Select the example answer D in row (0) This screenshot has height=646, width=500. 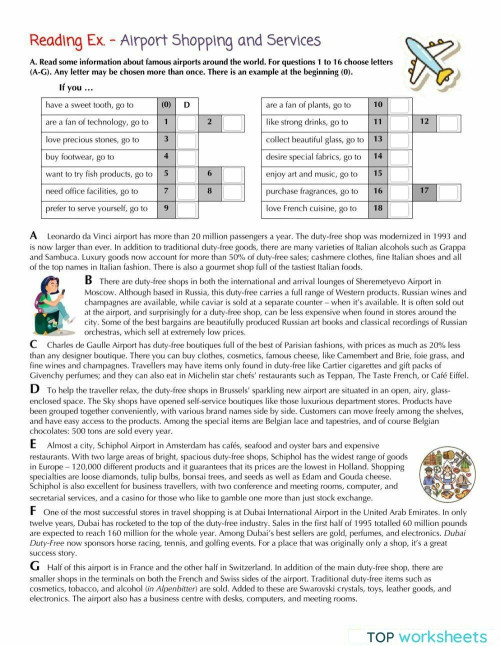[x=187, y=104]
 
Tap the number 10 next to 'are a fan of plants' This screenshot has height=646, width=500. [x=377, y=104]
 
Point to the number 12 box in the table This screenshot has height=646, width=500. [x=424, y=122]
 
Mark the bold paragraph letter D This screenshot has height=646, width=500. [x=36, y=413]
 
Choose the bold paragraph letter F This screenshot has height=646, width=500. [x=36, y=538]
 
